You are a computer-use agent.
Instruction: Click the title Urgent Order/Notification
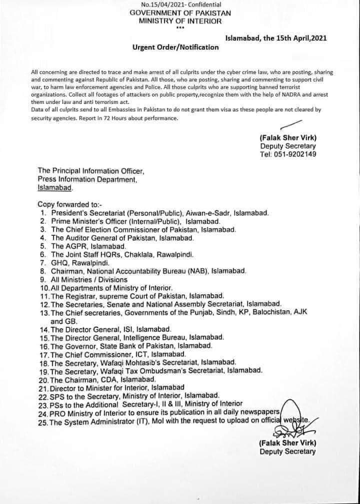[x=175, y=47]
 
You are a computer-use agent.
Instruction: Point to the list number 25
[x=42, y=423]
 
